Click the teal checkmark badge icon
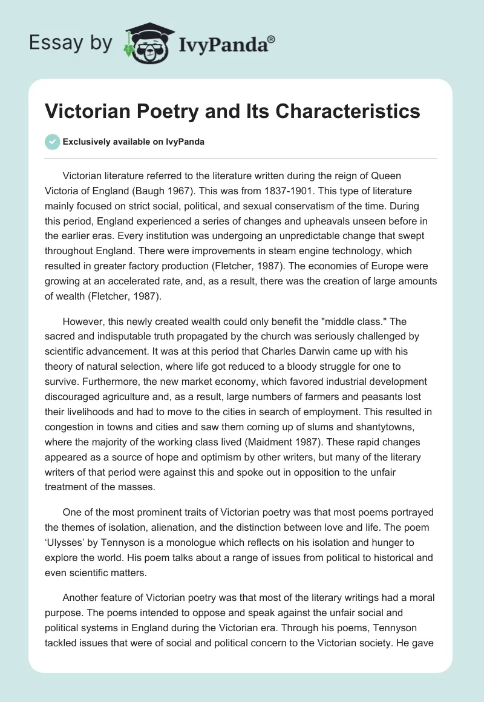53,142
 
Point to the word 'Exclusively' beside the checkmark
85,142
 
